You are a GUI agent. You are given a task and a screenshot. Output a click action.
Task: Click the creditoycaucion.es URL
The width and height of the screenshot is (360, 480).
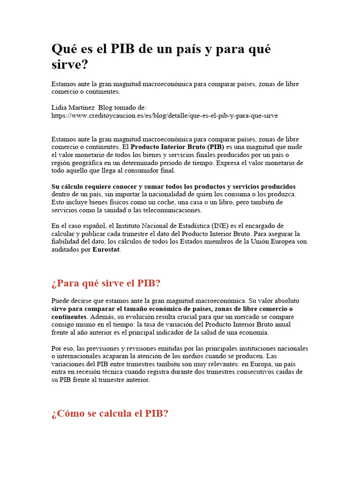coord(165,115)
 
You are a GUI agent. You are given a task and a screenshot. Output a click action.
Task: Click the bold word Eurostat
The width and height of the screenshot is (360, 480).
coord(106,250)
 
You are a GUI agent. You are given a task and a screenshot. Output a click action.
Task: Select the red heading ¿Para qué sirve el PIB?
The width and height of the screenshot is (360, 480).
coord(106,284)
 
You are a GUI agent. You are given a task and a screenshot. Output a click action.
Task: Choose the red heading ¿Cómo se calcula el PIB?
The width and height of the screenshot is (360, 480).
coord(110,414)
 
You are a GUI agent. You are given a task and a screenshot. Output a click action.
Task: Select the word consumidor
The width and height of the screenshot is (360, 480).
coord(151,171)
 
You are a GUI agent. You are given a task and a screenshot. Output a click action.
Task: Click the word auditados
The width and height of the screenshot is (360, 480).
coord(65,250)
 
